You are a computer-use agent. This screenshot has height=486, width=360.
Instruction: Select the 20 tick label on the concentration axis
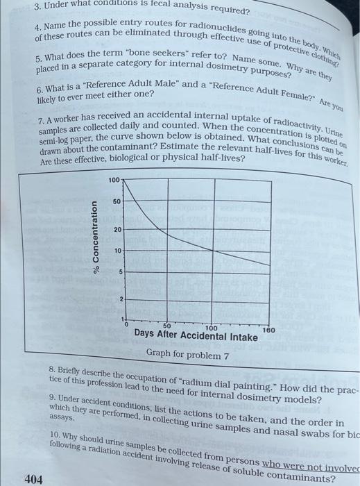tap(118, 228)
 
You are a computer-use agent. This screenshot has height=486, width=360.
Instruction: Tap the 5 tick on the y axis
tap(119, 271)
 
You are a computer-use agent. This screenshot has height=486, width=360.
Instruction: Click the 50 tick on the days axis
tap(167, 326)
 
